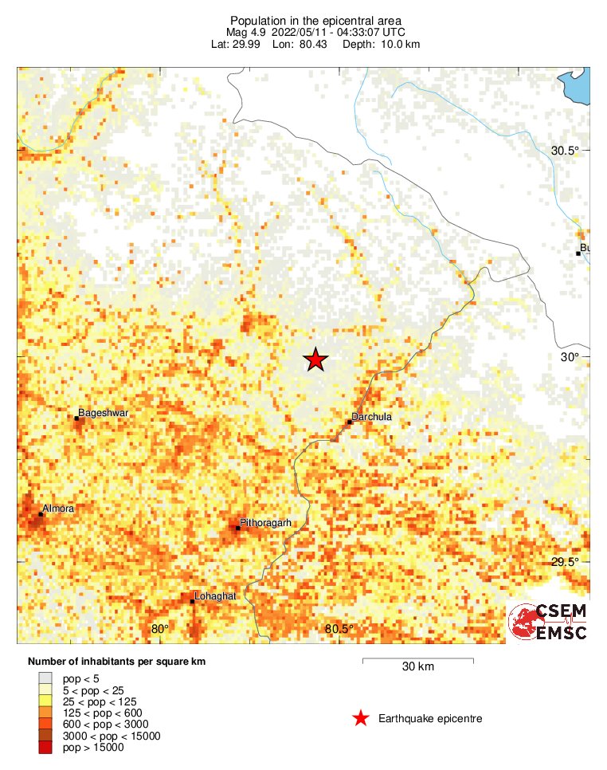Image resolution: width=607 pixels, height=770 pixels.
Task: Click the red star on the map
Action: [x=316, y=360]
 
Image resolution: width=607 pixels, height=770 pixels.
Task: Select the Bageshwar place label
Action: [x=104, y=413]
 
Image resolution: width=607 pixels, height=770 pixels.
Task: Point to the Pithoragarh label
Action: [x=264, y=523]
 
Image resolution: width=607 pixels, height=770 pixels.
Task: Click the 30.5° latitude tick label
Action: [x=566, y=151]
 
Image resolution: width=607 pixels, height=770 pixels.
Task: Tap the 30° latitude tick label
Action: [x=569, y=357]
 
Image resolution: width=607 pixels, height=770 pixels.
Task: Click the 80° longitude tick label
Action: [x=160, y=630]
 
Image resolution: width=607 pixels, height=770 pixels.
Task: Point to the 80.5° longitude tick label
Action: [x=339, y=630]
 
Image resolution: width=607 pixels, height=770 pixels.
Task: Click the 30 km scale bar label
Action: [x=417, y=667]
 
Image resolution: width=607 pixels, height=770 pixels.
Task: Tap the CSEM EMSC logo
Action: [x=549, y=622]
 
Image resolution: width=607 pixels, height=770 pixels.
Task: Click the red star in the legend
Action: [x=360, y=719]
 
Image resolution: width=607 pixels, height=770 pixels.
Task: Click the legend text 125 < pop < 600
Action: [x=102, y=713]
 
